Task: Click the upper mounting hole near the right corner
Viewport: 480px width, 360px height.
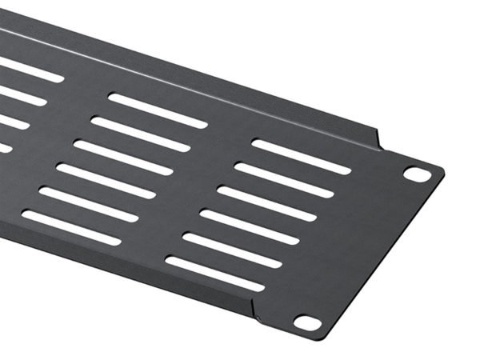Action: coord(414,172)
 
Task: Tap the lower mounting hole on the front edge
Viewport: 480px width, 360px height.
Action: coord(306,322)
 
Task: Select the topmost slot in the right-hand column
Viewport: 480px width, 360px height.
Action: coord(301,157)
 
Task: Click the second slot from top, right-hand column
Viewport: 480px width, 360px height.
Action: coord(284,180)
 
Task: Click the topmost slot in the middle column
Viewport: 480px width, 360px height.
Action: coord(158,110)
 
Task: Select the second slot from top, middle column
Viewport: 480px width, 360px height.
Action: coord(141,134)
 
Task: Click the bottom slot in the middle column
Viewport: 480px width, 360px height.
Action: coord(71,227)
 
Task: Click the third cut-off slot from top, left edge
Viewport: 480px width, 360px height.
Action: coord(13,122)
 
